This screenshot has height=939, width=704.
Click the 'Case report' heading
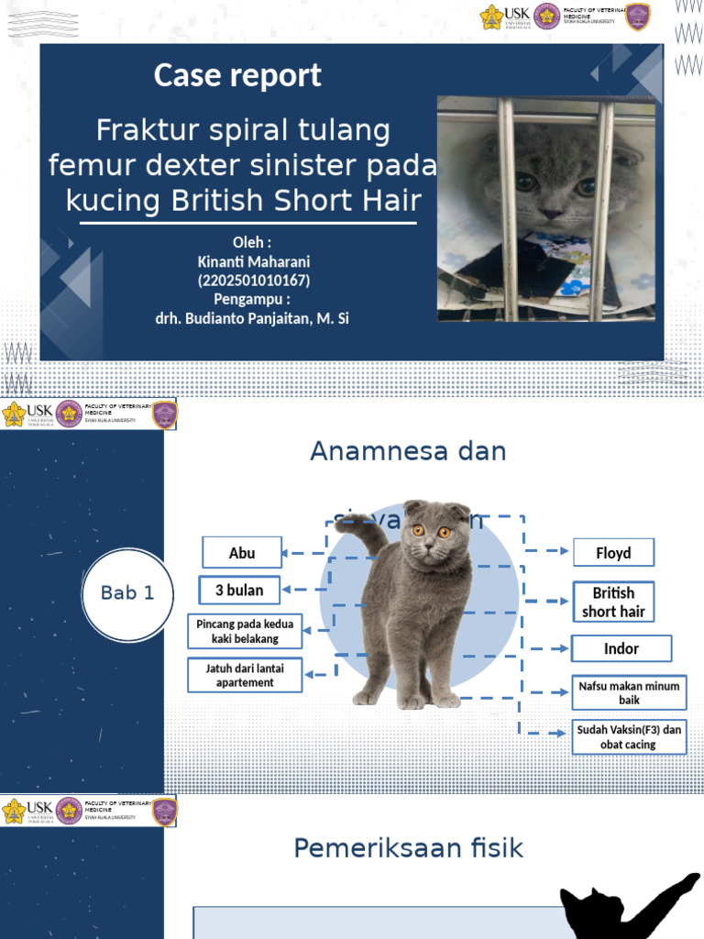pyautogui.click(x=237, y=75)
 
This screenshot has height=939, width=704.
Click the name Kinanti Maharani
pyautogui.click(x=254, y=262)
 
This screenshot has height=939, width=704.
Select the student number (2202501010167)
pyautogui.click(x=254, y=281)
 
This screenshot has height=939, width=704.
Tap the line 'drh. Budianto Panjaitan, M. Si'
pyautogui.click(x=253, y=318)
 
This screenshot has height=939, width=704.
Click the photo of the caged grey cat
pyautogui.click(x=546, y=209)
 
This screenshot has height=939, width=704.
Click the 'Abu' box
pyautogui.click(x=242, y=553)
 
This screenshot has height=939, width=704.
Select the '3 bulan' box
pyautogui.click(x=239, y=591)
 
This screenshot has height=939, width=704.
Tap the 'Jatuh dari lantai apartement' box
pyautogui.click(x=245, y=676)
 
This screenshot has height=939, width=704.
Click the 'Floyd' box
pyautogui.click(x=613, y=553)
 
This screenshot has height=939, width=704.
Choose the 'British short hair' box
pyautogui.click(x=613, y=602)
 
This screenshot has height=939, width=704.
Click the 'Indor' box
pyautogui.click(x=621, y=648)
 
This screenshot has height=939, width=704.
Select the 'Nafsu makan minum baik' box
pyautogui.click(x=629, y=692)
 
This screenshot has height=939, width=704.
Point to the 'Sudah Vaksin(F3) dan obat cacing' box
pyautogui.click(x=629, y=737)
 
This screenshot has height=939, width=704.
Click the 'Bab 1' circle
pyautogui.click(x=127, y=593)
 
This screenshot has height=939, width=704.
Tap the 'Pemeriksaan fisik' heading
pyautogui.click(x=408, y=849)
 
